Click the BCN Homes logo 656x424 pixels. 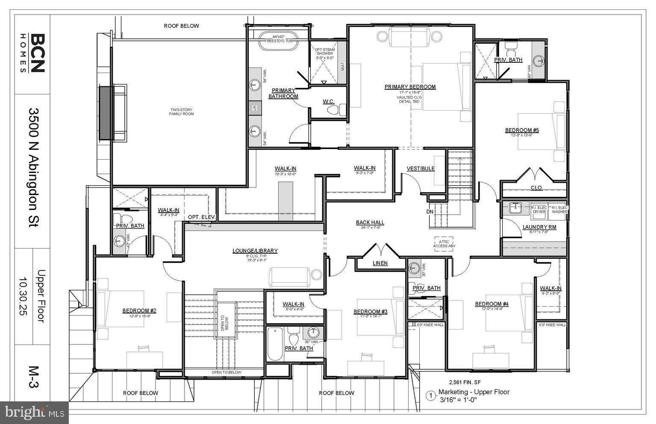pyautogui.click(x=32, y=54)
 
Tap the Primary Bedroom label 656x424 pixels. pyautogui.click(x=410, y=87)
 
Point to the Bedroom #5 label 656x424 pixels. pyautogui.click(x=522, y=130)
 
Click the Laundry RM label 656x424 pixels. pyautogui.click(x=539, y=227)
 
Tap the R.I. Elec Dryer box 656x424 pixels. pyautogui.click(x=539, y=209)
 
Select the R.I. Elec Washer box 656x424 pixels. pyautogui.click(x=559, y=209)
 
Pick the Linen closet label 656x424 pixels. pyautogui.click(x=380, y=263)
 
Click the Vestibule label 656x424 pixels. pyautogui.click(x=421, y=169)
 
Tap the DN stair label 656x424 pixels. pyautogui.click(x=430, y=211)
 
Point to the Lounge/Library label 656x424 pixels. pyautogui.click(x=255, y=251)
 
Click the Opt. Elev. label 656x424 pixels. pyautogui.click(x=202, y=217)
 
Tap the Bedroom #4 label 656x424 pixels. pyautogui.click(x=491, y=304)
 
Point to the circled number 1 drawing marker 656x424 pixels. pyautogui.click(x=431, y=396)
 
